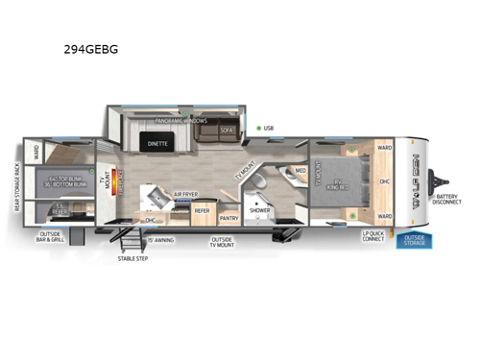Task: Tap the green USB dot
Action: [x=259, y=127]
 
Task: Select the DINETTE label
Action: [x=157, y=143]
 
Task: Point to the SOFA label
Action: [x=227, y=129]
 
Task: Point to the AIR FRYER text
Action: [x=186, y=193]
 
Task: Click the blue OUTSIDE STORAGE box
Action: [x=414, y=240]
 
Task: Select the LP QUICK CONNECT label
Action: [x=373, y=236]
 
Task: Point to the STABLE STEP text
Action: [x=132, y=258]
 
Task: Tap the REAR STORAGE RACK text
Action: [x=18, y=187]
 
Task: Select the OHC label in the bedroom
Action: [x=383, y=181]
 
